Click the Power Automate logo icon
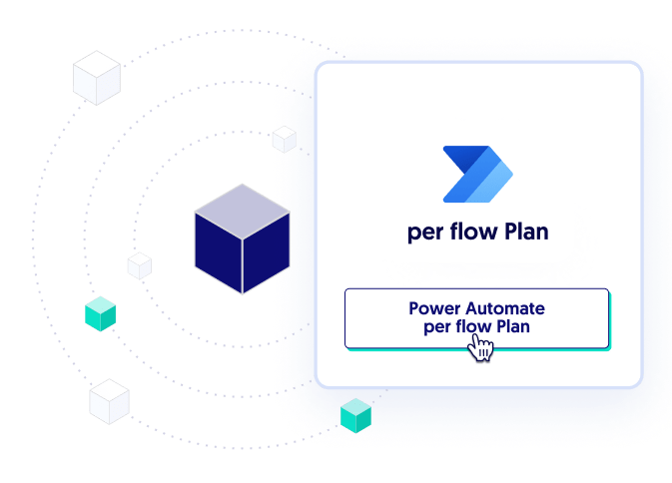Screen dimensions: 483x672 coord(477,176)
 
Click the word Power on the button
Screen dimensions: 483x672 coord(434,308)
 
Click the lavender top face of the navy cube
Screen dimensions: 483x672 coord(242,203)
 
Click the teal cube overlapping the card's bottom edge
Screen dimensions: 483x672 coord(355,413)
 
